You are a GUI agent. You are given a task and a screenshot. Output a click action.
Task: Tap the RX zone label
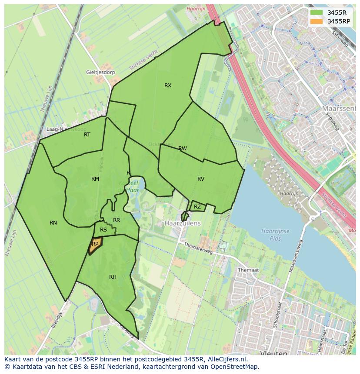(x=168, y=86)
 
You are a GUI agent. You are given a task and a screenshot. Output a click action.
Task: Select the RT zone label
(x=87, y=135)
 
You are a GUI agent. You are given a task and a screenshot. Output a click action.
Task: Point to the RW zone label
(x=183, y=149)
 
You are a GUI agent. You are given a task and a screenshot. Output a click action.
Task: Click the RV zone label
(x=201, y=179)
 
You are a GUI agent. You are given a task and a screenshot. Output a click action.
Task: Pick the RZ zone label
(x=197, y=207)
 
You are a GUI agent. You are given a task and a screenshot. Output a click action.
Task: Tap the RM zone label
(x=95, y=179)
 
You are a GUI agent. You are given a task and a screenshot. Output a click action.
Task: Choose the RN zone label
(x=53, y=223)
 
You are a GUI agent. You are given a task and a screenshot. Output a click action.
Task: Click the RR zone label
(x=117, y=220)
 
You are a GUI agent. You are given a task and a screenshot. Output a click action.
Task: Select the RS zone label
(x=103, y=230)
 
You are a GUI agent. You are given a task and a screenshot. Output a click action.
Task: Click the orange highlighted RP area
(x=95, y=245)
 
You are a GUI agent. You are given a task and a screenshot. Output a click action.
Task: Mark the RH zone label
(x=113, y=277)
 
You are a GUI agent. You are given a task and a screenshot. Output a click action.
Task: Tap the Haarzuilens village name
(x=183, y=223)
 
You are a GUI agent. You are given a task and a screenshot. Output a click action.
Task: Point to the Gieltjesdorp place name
(x=100, y=73)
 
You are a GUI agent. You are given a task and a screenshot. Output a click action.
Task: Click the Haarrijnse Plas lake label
(x=276, y=235)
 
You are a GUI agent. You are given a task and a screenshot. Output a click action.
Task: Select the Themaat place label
(x=248, y=270)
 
